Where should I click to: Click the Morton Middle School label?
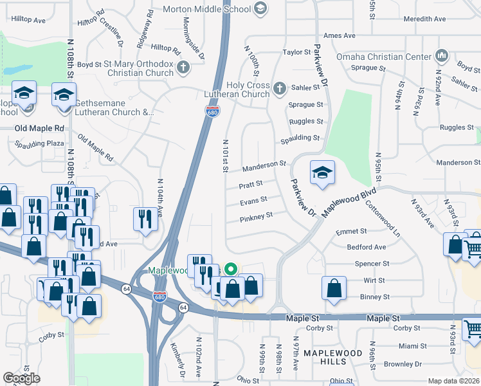pyautogui.click(x=207, y=8)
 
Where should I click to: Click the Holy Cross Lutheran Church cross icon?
pyautogui.click(x=279, y=87)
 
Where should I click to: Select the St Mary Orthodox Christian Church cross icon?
pyautogui.click(x=183, y=66)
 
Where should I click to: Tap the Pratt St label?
pyautogui.click(x=251, y=185)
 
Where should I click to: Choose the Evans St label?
pyautogui.click(x=253, y=202)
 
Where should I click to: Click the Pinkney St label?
pyautogui.click(x=256, y=217)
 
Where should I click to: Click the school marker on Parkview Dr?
pyautogui.click(x=322, y=172)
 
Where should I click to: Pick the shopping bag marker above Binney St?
pyautogui.click(x=334, y=289)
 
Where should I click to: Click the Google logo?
pyautogui.click(x=21, y=378)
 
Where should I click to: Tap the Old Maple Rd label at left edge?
pyautogui.click(x=39, y=129)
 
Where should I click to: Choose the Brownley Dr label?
pyautogui.click(x=403, y=364)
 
